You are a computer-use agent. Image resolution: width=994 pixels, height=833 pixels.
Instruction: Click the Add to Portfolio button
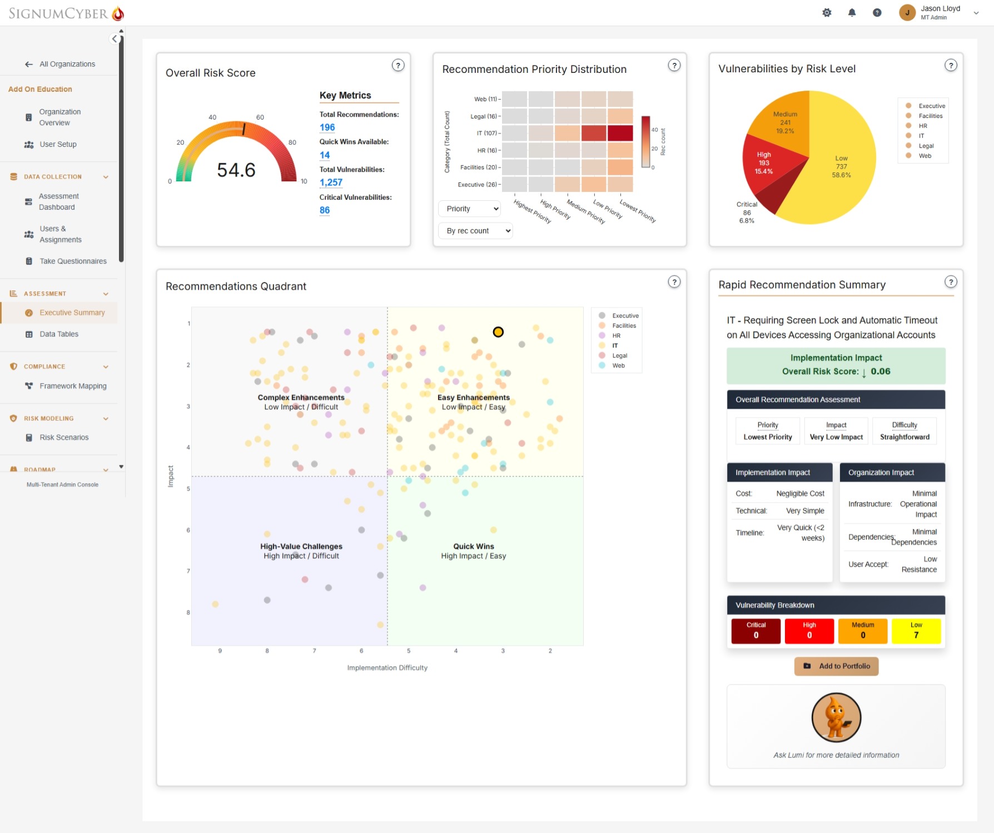[836, 666]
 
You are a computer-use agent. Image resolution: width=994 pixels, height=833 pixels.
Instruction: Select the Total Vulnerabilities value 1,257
[331, 182]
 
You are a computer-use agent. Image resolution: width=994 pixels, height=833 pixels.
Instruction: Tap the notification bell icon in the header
[852, 13]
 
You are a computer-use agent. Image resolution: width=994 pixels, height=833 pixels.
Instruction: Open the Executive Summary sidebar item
[72, 313]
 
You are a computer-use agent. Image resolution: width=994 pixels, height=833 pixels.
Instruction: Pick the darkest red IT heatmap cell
[620, 133]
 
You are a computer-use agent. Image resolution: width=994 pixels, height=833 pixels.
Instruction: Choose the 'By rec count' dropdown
[475, 231]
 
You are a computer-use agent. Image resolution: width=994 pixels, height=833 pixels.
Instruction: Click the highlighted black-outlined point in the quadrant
[498, 332]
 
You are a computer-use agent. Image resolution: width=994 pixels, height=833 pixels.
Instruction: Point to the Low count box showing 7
[916, 631]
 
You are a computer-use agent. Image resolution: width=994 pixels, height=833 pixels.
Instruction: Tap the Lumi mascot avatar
[836, 717]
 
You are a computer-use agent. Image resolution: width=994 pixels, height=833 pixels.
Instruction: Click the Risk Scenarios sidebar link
[64, 438]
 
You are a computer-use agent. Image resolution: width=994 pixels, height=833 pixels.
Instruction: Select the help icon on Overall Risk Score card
[398, 66]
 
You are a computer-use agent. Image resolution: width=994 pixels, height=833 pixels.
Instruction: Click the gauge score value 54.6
[236, 170]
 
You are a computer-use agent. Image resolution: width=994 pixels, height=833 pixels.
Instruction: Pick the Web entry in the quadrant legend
[618, 366]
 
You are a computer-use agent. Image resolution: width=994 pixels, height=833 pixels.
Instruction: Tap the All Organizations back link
[67, 64]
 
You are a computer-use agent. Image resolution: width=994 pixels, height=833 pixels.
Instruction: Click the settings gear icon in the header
[827, 13]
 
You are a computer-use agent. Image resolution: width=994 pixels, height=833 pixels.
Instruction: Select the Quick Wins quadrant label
[473, 547]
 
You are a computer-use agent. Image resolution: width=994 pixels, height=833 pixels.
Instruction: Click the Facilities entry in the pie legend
[930, 116]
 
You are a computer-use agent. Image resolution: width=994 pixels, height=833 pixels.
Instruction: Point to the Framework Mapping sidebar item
[73, 386]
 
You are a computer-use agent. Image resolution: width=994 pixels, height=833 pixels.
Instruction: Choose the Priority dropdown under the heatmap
[470, 209]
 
